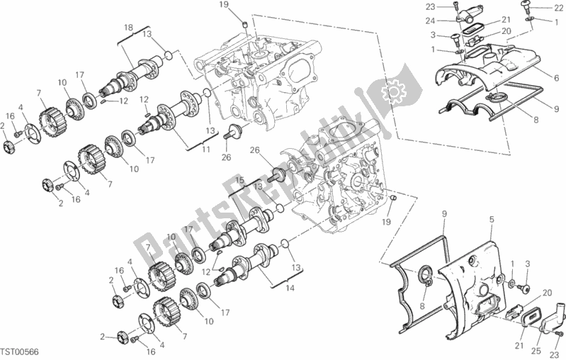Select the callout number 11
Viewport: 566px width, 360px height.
(206, 150)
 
